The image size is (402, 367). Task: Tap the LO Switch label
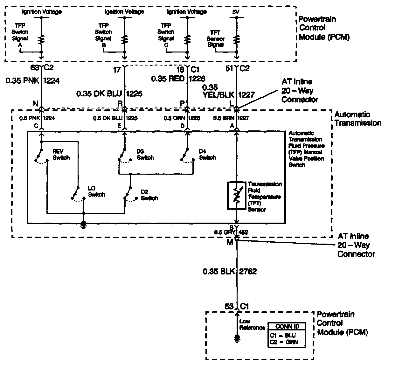[96, 191]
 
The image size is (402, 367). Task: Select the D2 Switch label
[149, 195]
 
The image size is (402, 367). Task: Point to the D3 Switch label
[145, 155]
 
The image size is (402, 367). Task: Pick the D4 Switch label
[207, 155]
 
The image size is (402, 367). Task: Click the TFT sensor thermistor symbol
[236, 196]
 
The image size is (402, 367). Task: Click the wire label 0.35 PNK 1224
[33, 81]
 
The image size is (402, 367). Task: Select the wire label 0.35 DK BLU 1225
[109, 93]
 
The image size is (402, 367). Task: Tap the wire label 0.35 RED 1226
[178, 79]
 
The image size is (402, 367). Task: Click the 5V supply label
[236, 12]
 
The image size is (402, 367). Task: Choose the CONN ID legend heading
[287, 326]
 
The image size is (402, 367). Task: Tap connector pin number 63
[34, 67]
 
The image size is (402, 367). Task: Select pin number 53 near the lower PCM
[229, 306]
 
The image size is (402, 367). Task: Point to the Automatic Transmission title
[357, 119]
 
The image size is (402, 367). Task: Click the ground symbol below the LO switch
[83, 225]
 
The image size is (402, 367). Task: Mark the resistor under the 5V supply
[236, 40]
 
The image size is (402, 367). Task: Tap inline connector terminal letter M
[230, 242]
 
